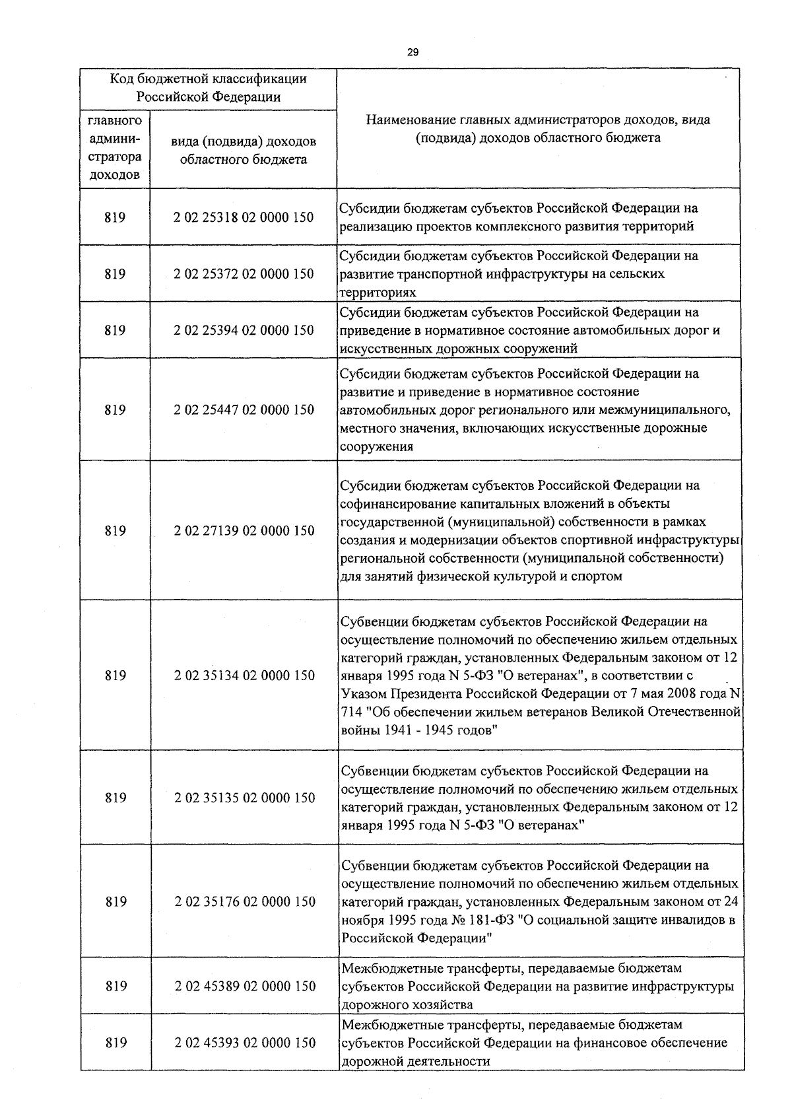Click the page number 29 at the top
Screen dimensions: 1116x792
413,52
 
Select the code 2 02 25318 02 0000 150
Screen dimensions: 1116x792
244,217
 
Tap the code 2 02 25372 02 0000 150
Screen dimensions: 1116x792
244,273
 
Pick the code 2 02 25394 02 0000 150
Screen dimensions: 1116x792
244,330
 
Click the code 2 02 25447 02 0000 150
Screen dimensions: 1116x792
244,409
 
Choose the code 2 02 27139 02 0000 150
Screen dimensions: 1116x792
244,530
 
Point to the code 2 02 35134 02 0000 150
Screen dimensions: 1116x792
244,675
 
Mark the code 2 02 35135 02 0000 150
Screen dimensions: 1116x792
244,798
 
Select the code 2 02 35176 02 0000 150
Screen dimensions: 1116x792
244,901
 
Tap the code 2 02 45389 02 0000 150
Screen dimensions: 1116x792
244,986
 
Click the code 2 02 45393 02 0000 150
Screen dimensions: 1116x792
244,1043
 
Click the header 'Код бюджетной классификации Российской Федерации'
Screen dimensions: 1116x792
209,88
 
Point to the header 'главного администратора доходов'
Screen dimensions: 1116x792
115,149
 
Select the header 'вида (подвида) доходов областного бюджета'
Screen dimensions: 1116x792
244,151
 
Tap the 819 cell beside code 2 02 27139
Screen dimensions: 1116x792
115,530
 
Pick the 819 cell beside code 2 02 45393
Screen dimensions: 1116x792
115,1043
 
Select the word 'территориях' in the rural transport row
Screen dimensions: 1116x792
378,291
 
